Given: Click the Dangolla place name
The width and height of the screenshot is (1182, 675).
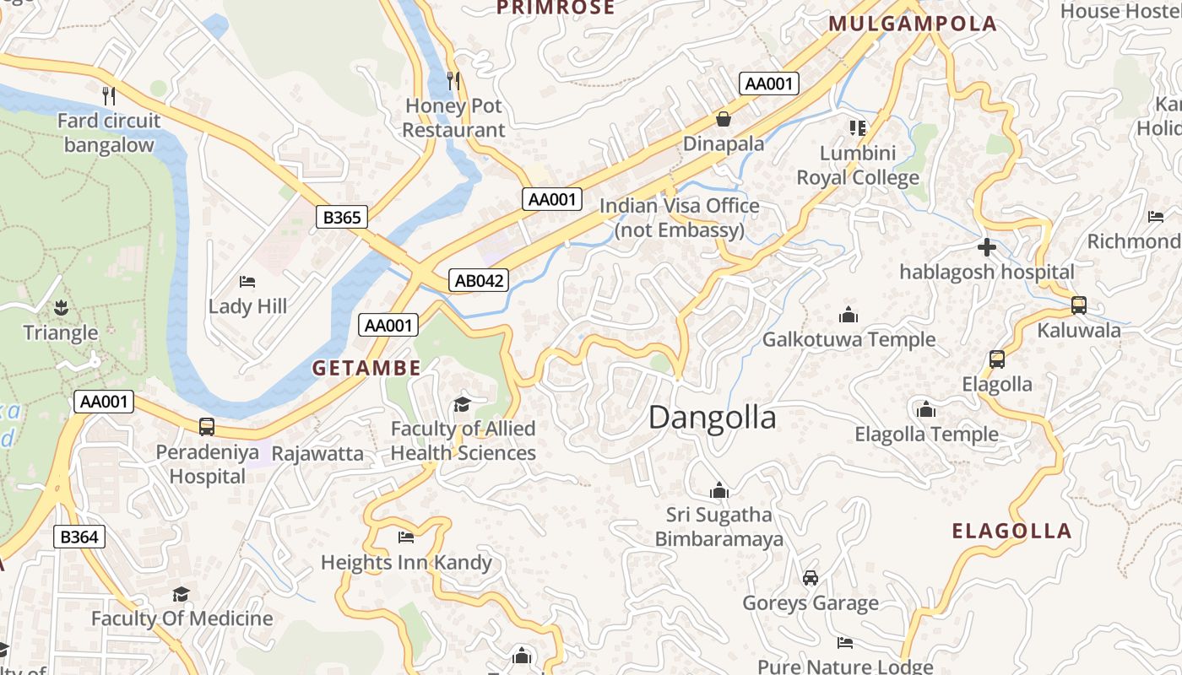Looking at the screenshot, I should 712,418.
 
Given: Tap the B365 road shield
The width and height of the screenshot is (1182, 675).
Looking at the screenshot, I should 342,217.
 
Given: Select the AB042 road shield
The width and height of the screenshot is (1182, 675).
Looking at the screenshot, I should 479,281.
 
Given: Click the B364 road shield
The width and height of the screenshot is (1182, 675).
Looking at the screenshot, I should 79,537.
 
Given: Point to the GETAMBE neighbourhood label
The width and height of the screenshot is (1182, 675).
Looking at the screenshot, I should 366,368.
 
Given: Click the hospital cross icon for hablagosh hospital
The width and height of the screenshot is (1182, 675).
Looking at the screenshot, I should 986,247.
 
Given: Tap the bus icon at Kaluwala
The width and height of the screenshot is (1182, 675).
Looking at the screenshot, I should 1078,305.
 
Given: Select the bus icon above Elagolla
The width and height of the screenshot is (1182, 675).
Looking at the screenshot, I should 996,359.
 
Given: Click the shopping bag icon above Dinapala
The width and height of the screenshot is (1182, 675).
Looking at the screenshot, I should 723,119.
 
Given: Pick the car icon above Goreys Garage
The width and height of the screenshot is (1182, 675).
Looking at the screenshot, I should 811,578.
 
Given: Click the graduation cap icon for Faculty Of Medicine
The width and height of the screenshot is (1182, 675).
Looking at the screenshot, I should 181,594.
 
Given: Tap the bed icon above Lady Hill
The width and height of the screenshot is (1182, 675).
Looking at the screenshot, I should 247,281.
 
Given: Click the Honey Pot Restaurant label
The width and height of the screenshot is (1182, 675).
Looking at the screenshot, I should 453,118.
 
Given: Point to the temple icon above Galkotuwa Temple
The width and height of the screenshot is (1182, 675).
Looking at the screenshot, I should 849,316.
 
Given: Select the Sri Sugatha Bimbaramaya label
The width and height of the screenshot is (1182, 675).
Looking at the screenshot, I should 719,526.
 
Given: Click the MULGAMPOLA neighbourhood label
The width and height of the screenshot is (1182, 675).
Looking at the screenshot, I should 913,24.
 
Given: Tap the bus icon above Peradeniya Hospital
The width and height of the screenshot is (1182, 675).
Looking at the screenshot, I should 207,427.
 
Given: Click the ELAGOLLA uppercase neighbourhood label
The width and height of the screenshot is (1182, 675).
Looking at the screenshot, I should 1011,531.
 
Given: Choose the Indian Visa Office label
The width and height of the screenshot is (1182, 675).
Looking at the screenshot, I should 680,218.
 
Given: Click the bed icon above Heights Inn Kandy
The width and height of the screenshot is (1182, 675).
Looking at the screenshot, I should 406,537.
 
